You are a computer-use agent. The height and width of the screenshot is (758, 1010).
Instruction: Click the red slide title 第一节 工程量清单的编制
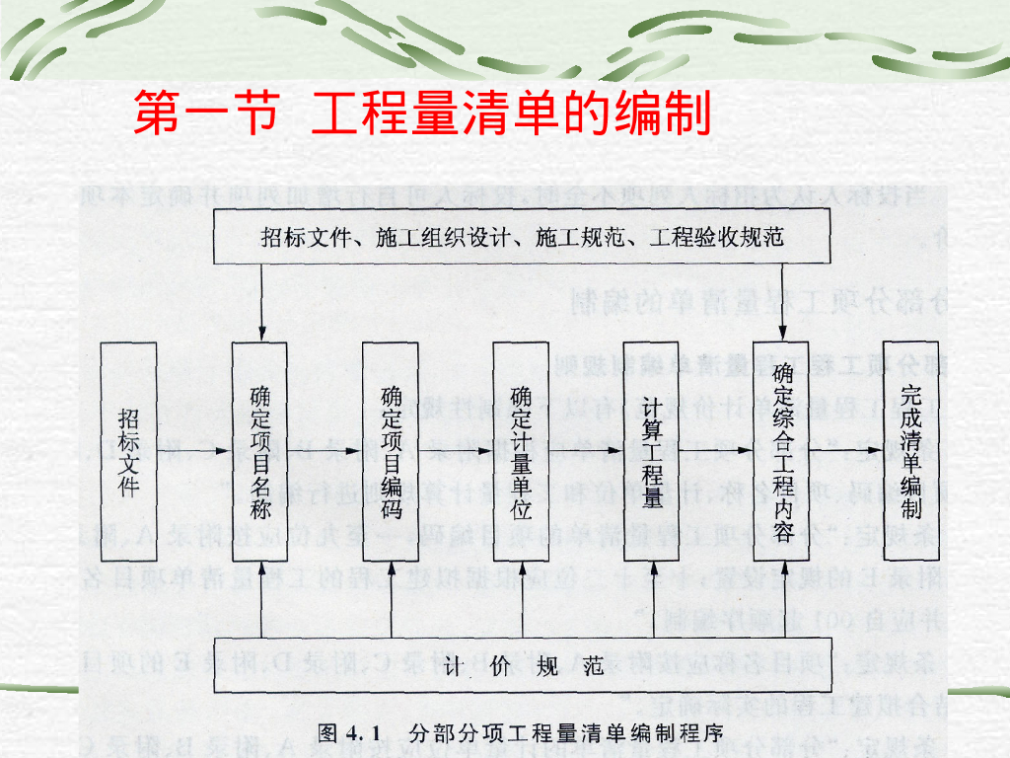click(x=422, y=114)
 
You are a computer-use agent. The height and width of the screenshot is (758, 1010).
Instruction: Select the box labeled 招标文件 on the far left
click(x=129, y=452)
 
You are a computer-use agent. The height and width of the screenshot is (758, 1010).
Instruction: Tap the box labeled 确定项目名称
click(x=259, y=452)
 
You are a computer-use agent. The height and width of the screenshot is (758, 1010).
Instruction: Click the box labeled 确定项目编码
click(x=391, y=452)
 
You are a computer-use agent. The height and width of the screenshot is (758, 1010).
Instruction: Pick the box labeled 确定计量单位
click(x=522, y=452)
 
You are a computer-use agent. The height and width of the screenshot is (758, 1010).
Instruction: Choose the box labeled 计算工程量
click(x=652, y=452)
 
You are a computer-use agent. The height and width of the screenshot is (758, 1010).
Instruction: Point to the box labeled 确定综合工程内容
click(x=782, y=452)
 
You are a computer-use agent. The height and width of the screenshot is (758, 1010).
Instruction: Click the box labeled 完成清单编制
click(x=910, y=452)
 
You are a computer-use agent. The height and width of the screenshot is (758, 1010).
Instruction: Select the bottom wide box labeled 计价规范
click(x=523, y=666)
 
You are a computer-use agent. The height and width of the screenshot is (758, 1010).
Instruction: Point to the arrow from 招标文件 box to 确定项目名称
click(x=194, y=452)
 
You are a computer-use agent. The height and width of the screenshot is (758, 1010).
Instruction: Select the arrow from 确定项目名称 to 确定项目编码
click(x=325, y=452)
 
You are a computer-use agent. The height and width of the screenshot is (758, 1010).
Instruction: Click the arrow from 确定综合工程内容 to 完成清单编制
click(x=846, y=452)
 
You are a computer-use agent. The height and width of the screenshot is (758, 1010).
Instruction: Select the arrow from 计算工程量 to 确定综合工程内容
click(x=717, y=452)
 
